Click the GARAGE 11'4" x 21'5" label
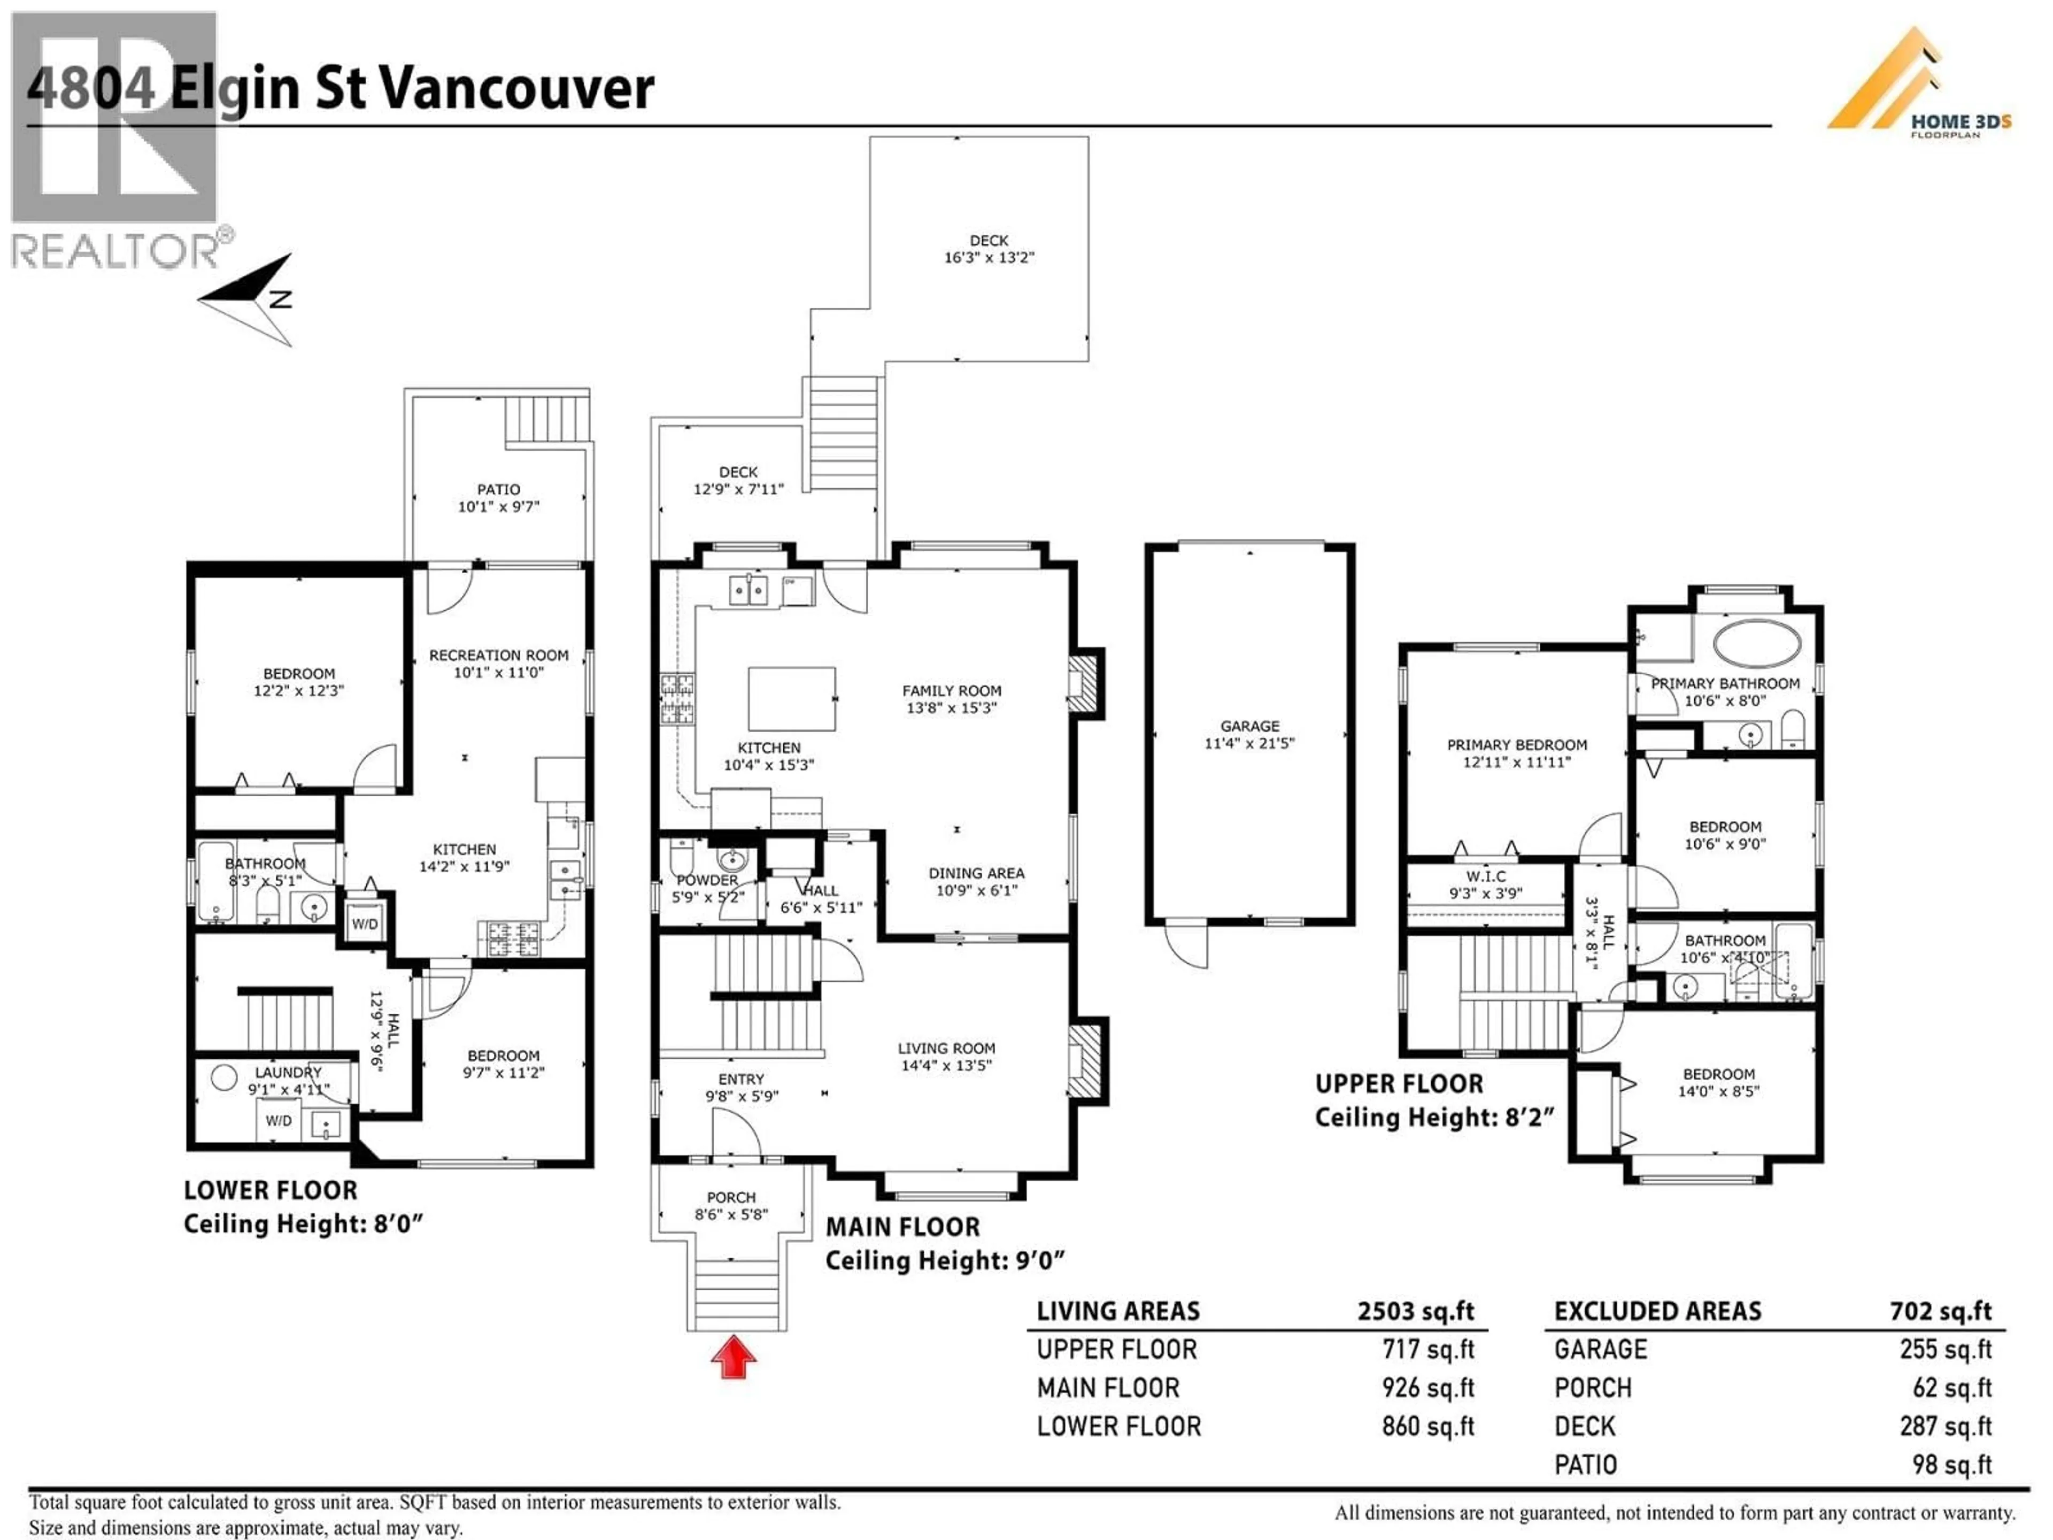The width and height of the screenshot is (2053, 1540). (x=1249, y=734)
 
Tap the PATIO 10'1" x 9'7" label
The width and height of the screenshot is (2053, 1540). (x=498, y=497)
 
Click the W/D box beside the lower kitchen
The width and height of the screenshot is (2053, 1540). (x=364, y=923)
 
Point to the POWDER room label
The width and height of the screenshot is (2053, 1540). (x=707, y=880)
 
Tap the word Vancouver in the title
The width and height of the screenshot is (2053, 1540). (x=517, y=89)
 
